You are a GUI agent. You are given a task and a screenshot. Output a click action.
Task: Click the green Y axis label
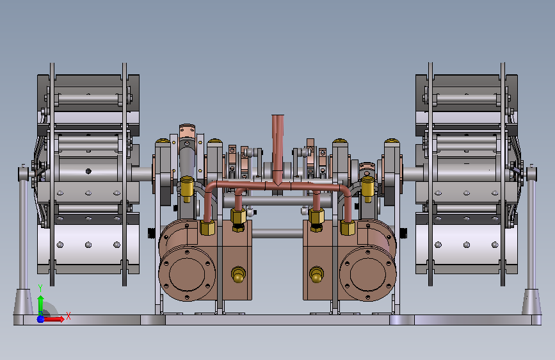click(x=40, y=288)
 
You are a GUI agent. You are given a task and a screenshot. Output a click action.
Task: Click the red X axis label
click(x=68, y=316)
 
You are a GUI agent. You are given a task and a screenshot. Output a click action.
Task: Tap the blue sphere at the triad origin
click(x=41, y=319)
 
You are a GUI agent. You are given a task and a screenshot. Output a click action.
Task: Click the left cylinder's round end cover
click(x=187, y=274)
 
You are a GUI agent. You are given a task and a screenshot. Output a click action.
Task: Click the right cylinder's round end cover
click(x=367, y=274)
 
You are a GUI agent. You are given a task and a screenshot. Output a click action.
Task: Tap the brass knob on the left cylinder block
click(x=239, y=275)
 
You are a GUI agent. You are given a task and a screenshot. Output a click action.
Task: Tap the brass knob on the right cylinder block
click(x=316, y=275)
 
